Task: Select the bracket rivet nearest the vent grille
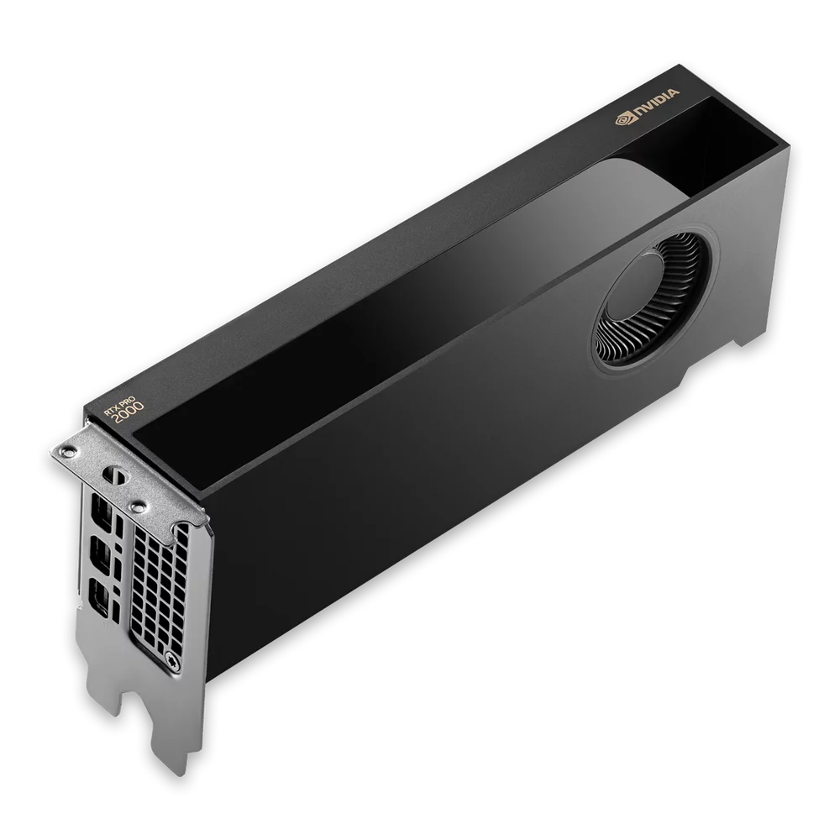137,506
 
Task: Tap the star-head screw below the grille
172,658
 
